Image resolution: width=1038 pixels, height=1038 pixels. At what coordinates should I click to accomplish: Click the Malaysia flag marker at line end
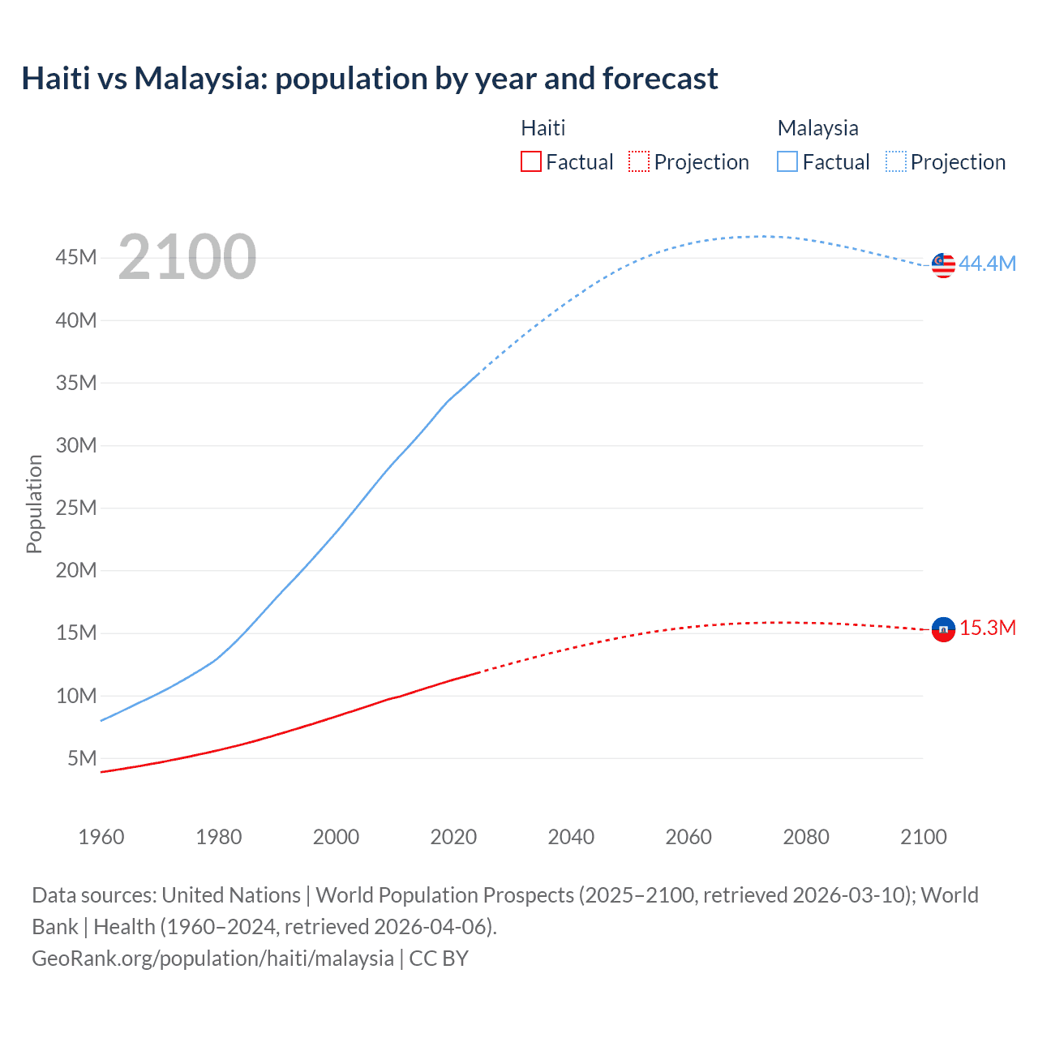(x=943, y=265)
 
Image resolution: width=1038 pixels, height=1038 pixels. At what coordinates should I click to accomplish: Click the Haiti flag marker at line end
(x=943, y=629)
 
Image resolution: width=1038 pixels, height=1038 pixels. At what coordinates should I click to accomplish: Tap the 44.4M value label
(x=987, y=264)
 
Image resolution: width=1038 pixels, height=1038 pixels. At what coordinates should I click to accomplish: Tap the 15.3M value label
(x=988, y=628)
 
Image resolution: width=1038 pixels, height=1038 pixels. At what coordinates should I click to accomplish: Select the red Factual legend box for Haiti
(x=530, y=162)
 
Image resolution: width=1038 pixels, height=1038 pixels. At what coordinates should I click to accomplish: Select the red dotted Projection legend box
(x=639, y=162)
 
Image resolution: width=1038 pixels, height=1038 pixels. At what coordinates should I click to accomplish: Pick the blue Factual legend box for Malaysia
(x=787, y=162)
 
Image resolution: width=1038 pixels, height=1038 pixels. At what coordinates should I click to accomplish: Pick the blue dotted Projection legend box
(x=896, y=162)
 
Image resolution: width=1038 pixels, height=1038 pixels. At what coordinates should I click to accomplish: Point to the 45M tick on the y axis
(x=76, y=258)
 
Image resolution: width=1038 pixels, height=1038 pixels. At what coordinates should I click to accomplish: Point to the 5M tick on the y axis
(x=82, y=758)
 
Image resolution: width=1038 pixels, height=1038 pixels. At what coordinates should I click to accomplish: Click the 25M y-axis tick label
(x=76, y=508)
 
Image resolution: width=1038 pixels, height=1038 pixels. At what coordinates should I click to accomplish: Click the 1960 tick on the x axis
(x=101, y=837)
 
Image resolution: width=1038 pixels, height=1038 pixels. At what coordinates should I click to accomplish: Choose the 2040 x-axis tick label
(x=571, y=837)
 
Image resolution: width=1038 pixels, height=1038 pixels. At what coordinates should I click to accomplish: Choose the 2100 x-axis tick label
(x=924, y=837)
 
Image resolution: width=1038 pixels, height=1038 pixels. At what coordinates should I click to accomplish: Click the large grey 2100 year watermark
(x=187, y=257)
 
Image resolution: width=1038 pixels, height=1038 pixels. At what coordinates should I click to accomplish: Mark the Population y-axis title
(x=34, y=504)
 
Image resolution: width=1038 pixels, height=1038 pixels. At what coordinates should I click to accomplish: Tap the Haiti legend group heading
(x=543, y=128)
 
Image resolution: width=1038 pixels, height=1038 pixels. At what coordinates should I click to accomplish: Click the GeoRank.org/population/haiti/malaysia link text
(x=212, y=959)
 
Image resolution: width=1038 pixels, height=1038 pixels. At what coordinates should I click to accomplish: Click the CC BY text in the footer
(x=439, y=959)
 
